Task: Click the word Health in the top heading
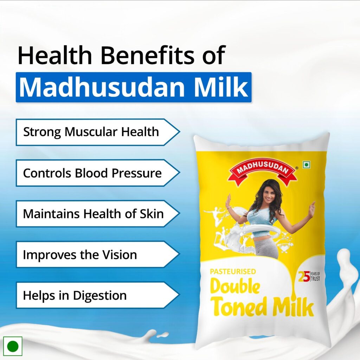(55, 55)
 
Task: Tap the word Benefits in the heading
(147, 55)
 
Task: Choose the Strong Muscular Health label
(91, 132)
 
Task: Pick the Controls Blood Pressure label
(92, 173)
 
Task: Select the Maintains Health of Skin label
(94, 214)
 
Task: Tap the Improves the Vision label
(80, 255)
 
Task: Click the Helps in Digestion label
(75, 295)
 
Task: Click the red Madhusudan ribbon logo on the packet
(263, 171)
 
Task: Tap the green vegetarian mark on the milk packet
(307, 165)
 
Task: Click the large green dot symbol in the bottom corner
(13, 346)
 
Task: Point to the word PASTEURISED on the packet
(233, 272)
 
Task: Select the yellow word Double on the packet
(235, 286)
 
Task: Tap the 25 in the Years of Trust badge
(304, 276)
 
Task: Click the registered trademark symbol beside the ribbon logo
(297, 168)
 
